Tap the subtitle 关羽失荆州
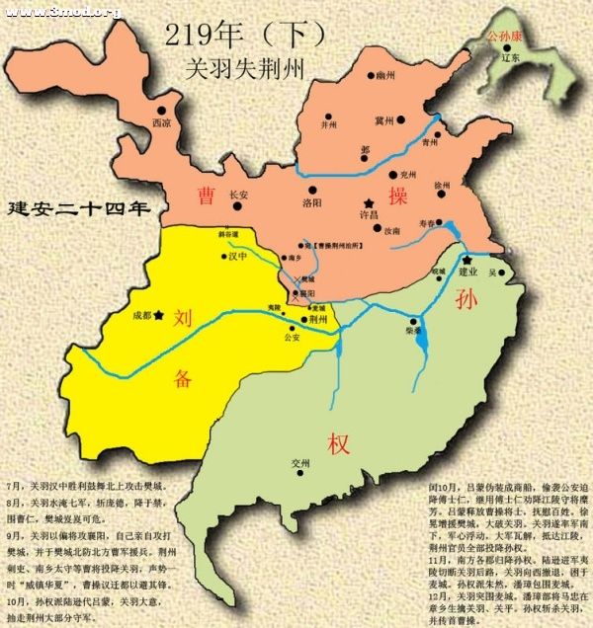coord(243,69)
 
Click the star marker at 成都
coord(157,314)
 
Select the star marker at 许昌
coord(368,197)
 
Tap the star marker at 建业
coord(466,260)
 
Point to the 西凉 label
coord(161,123)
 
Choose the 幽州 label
coord(384,75)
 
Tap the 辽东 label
coord(511,57)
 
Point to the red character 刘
coord(182,318)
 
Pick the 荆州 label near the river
coord(317,319)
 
